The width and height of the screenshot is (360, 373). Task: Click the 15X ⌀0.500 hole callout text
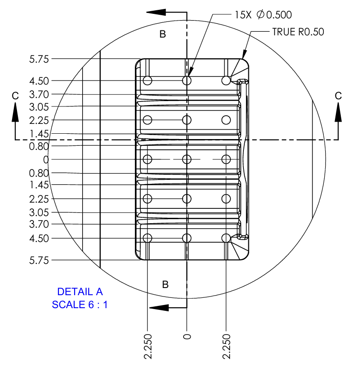click(263, 15)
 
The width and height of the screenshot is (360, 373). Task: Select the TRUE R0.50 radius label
click(298, 32)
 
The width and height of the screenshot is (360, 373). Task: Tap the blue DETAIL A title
click(80, 292)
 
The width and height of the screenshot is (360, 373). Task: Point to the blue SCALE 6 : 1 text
click(80, 305)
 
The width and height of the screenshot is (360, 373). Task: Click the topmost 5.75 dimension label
click(39, 59)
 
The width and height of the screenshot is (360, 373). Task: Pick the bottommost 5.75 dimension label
click(39, 260)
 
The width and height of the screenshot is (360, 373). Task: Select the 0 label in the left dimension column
click(46, 160)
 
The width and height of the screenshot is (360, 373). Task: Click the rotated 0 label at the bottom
click(187, 336)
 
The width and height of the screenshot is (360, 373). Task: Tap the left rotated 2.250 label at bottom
click(147, 346)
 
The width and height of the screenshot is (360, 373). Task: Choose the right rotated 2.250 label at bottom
click(226, 346)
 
